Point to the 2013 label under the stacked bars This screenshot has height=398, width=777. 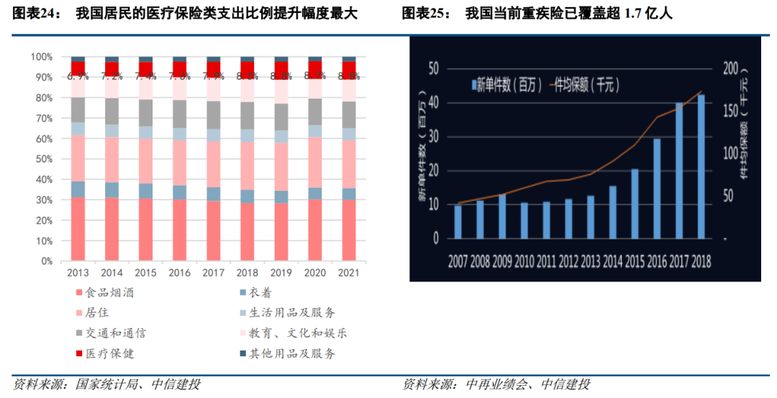78,273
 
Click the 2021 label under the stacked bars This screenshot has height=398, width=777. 348,273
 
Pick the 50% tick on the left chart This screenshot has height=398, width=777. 42,159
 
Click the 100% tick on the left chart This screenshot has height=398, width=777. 41,57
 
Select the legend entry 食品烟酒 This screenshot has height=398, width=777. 109,293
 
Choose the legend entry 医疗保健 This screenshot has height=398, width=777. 109,353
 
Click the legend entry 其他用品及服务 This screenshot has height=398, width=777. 291,353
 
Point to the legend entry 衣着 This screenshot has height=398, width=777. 260,293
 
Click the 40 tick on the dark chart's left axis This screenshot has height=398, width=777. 432,103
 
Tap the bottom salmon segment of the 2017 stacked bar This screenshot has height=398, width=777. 213,230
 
